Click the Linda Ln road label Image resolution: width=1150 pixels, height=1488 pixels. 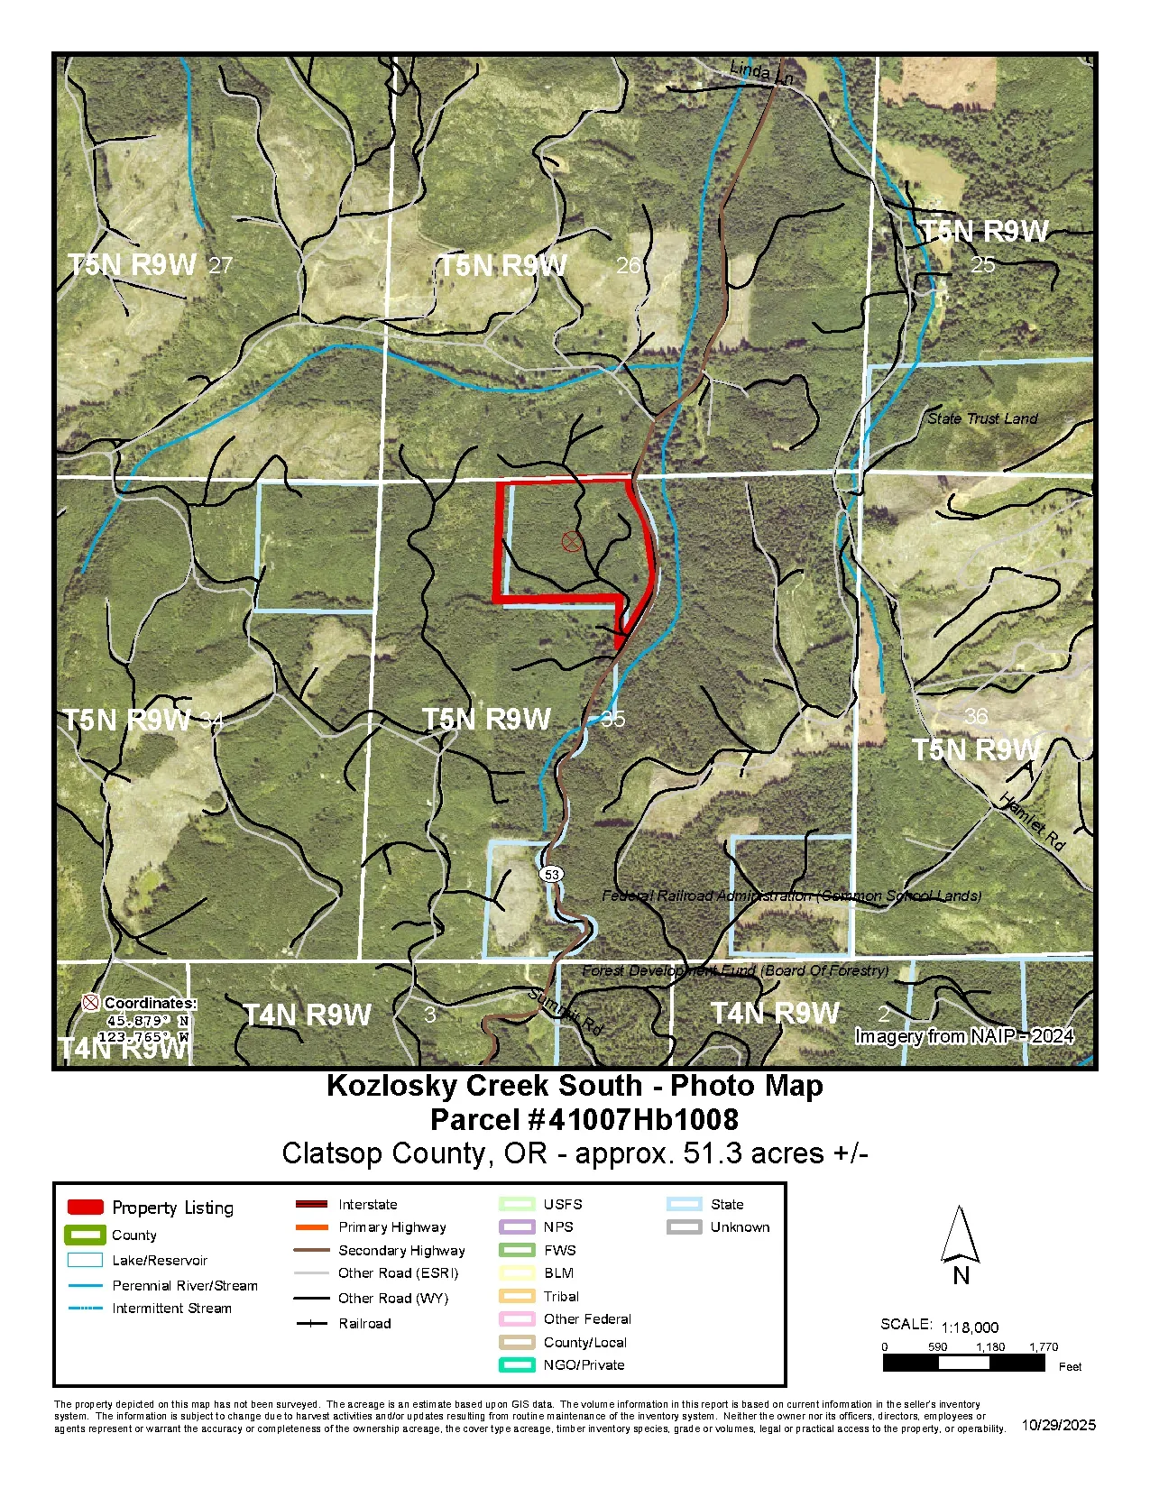point(760,73)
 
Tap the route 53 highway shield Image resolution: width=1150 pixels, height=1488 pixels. point(552,874)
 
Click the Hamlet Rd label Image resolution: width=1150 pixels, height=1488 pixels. point(1032,822)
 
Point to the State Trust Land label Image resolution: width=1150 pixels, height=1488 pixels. point(982,418)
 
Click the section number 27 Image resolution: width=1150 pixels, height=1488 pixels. point(220,265)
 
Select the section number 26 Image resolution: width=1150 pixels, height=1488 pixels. point(628,265)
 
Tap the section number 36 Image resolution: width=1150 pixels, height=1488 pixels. point(976,716)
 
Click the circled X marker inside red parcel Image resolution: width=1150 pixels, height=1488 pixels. point(571,541)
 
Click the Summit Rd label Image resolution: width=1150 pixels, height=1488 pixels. point(565,1011)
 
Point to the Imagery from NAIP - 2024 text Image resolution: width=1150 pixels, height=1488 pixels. point(963,1036)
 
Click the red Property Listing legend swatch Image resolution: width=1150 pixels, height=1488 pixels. point(86,1208)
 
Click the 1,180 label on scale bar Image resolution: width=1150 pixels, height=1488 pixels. point(989,1347)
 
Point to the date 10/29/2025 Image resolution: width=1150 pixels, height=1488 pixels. point(1058,1425)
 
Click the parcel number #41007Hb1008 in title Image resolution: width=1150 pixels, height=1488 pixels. point(584,1120)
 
